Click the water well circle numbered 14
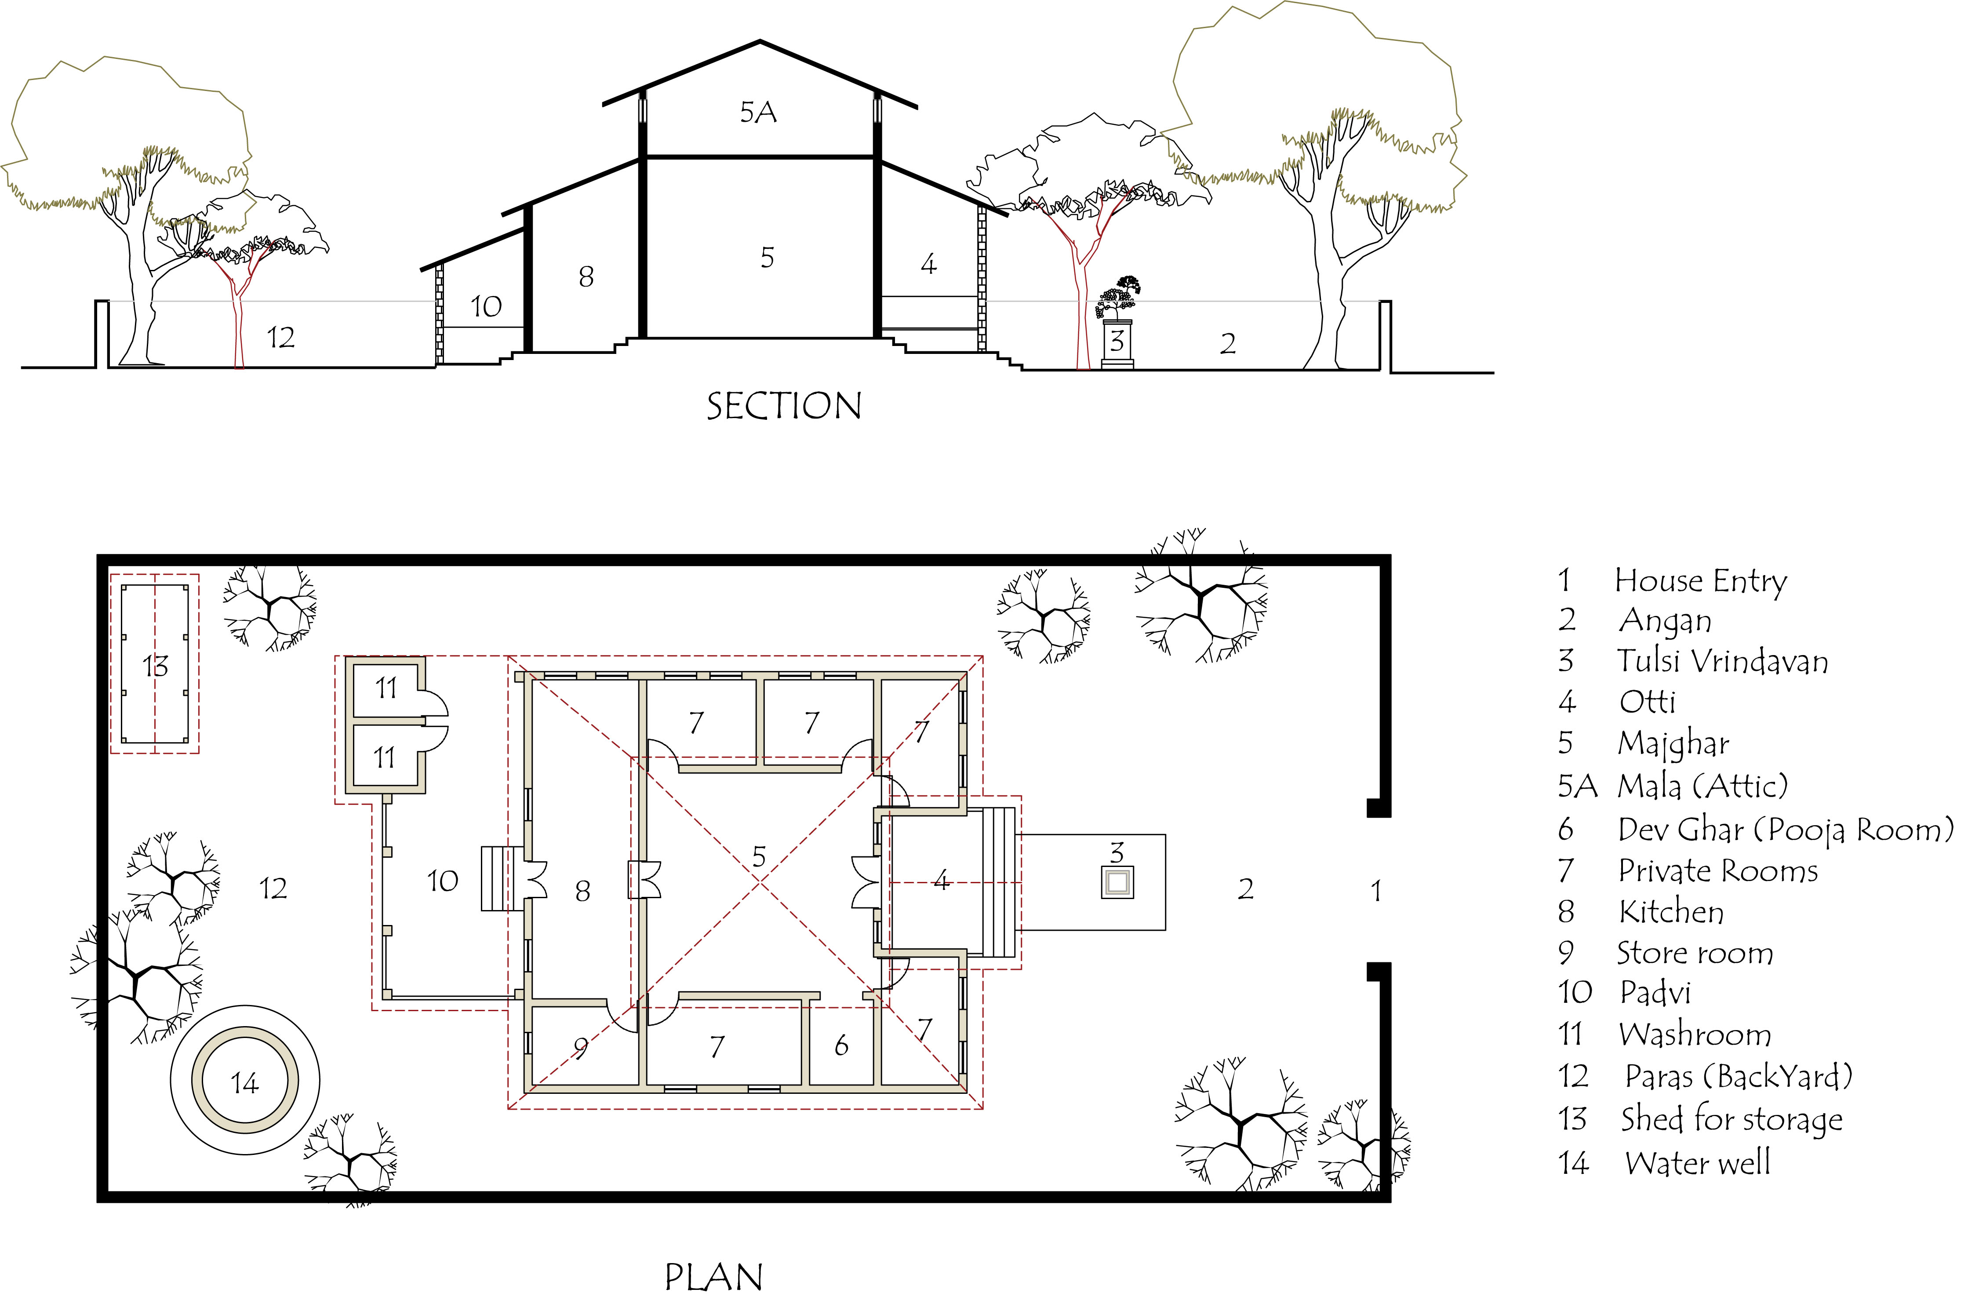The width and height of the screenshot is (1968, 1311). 244,1082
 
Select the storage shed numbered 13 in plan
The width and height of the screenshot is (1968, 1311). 155,665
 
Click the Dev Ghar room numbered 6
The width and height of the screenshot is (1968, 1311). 841,1045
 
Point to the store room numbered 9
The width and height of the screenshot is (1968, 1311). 580,1047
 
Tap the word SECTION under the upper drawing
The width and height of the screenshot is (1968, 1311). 783,406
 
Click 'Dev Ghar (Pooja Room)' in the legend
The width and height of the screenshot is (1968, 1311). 1785,830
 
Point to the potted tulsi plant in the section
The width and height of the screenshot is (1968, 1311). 1118,301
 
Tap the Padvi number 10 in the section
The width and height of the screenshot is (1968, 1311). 486,307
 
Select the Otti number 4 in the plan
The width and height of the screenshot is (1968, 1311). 942,880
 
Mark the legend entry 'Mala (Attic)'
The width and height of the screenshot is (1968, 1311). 1701,786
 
